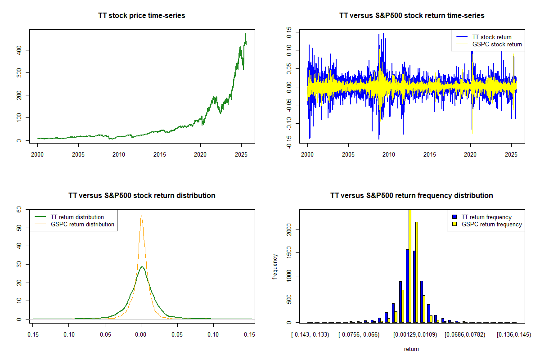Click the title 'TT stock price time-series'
coord(142,15)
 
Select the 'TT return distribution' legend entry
coord(77,217)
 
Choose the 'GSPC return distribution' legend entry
coord(82,224)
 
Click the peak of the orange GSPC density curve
coord(141,216)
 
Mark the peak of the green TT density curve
coord(142,267)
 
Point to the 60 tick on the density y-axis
coord(18,209)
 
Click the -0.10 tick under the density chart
coord(68,334)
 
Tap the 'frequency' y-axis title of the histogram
coord(275,266)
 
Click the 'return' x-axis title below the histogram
coord(411,349)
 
